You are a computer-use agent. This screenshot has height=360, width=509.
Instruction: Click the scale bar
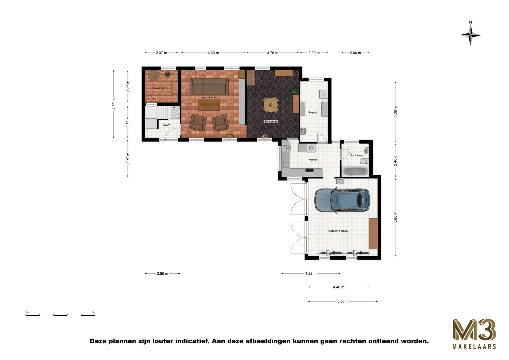click(60, 314)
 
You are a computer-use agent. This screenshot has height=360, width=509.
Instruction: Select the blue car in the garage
click(342, 200)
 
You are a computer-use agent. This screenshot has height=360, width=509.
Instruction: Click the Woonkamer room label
click(209, 97)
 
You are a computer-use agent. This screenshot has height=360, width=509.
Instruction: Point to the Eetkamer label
click(271, 122)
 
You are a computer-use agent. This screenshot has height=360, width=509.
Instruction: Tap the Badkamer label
click(356, 155)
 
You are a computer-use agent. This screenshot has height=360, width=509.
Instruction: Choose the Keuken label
click(313, 160)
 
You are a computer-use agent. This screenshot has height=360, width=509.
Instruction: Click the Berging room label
click(312, 112)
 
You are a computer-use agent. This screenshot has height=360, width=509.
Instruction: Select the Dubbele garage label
click(337, 231)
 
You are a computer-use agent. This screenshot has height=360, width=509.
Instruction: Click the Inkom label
click(166, 125)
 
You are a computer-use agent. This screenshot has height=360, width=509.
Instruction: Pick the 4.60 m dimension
click(213, 53)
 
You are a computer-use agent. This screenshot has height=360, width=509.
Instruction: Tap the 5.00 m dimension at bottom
click(343, 301)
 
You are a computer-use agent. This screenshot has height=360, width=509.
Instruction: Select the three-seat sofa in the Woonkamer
click(209, 86)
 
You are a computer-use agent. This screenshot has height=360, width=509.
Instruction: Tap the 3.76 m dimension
click(272, 53)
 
